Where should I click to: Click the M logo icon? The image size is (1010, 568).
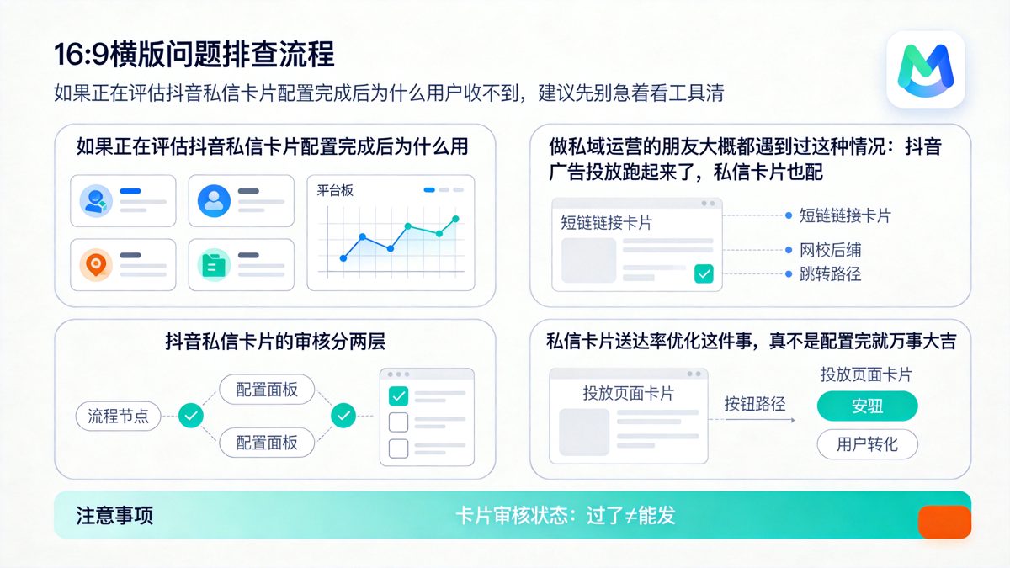point(925,68)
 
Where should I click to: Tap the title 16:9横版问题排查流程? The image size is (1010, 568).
point(194,54)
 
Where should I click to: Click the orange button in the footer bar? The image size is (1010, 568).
point(944,523)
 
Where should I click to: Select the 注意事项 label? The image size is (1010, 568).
point(114,516)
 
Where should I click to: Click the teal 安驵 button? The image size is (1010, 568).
point(867,406)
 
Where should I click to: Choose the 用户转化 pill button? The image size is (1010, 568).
point(867,444)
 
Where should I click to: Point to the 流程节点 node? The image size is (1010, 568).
point(118,415)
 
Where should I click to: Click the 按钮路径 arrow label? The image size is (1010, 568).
point(755,404)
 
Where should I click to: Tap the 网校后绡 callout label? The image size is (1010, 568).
point(830,250)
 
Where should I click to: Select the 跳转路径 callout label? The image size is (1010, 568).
point(830,274)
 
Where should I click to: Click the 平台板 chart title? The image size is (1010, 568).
point(335,191)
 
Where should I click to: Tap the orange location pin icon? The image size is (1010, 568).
point(96,264)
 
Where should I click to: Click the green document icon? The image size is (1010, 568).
point(214,264)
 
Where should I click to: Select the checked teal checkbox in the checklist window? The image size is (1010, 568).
point(398,395)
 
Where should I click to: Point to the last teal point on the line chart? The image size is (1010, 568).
point(455,219)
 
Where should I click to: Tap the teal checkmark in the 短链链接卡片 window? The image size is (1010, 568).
point(704,273)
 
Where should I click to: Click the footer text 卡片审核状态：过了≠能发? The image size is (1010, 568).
point(566,516)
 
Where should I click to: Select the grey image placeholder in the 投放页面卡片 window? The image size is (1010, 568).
point(584,432)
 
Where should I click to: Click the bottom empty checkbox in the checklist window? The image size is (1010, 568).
point(398,447)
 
